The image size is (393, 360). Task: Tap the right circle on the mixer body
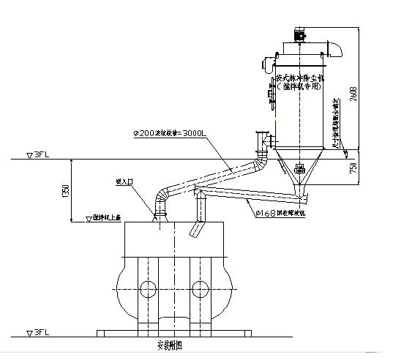(x=199, y=285)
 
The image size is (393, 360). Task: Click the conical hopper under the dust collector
(x=299, y=170)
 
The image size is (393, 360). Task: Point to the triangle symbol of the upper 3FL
(x=29, y=155)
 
